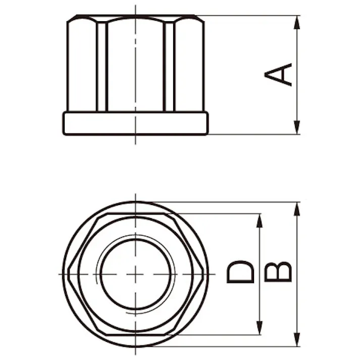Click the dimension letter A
[278, 75]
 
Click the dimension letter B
[278, 272]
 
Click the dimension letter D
[240, 272]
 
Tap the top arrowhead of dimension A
[297, 22]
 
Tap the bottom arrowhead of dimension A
[297, 127]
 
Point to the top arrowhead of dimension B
[297, 209]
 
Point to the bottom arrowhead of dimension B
[297, 340]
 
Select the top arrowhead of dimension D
[259, 221]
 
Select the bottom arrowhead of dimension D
[259, 328]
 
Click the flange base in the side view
[135, 123]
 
